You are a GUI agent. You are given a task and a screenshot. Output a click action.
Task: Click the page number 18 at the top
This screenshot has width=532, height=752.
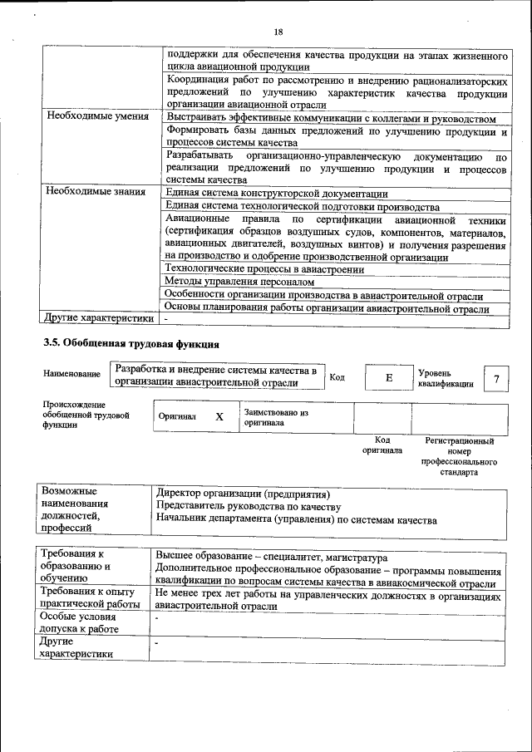click(x=278, y=32)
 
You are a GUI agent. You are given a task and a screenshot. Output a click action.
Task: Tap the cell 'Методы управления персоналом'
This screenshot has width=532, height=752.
click(x=234, y=283)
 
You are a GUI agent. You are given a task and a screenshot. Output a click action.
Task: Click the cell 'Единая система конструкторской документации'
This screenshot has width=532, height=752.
click(x=271, y=193)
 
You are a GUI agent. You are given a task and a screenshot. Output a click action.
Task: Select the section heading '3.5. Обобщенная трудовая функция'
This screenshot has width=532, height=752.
click(x=131, y=342)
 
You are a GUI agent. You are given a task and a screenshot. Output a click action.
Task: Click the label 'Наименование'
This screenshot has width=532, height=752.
click(x=72, y=375)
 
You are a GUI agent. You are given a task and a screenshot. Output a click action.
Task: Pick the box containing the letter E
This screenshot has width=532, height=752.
click(x=387, y=378)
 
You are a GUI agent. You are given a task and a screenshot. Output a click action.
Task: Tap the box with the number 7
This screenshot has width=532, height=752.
click(x=496, y=379)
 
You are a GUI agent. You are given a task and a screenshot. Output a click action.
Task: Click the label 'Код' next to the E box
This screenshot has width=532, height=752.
click(x=337, y=377)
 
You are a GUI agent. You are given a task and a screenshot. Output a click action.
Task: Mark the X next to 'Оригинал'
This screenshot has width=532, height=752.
click(x=219, y=417)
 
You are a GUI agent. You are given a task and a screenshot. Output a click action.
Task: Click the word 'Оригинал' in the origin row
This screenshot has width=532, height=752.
click(x=177, y=417)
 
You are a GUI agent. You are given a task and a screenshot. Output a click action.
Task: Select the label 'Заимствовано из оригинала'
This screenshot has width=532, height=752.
click(x=276, y=417)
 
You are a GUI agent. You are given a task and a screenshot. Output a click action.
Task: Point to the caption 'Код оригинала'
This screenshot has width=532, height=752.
click(x=382, y=445)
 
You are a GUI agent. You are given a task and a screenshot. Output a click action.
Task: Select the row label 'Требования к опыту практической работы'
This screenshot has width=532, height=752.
click(x=91, y=597)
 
